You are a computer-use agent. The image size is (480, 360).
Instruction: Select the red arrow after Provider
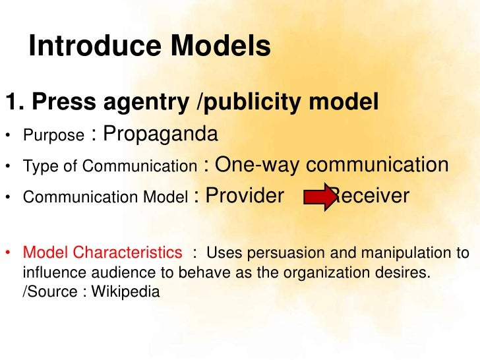tap(320, 197)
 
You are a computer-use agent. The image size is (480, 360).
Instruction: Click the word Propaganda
tap(160, 135)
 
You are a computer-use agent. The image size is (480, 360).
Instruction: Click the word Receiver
tap(371, 196)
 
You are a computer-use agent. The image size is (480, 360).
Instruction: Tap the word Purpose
tap(53, 136)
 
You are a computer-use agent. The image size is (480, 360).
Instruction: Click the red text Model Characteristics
tap(103, 253)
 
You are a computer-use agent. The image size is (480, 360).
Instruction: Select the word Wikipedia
tap(125, 291)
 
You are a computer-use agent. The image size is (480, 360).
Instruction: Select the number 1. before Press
tap(14, 102)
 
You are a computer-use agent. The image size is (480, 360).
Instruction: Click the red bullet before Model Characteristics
tap(9, 253)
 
